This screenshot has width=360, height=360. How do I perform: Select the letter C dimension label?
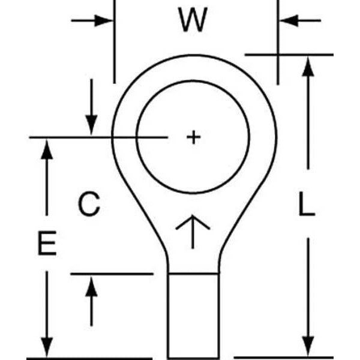tap(89, 205)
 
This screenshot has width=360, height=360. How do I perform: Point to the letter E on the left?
tap(46, 244)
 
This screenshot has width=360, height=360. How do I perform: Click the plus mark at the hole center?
tap(193, 137)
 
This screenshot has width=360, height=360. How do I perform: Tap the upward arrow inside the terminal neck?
tap(193, 230)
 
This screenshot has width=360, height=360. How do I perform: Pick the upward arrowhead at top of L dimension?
tap(308, 66)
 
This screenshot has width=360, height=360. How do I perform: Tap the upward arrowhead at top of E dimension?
tap(46, 148)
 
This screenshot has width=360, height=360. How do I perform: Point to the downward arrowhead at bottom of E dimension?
tap(46, 348)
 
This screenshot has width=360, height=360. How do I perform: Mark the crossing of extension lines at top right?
tap(278, 55)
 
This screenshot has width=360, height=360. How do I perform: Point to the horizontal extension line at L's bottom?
tap(282, 358)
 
